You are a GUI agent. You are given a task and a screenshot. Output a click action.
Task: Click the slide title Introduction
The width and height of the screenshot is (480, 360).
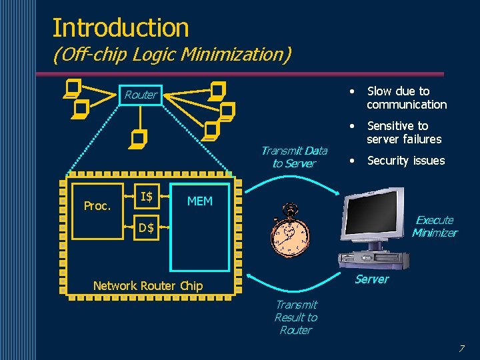121,27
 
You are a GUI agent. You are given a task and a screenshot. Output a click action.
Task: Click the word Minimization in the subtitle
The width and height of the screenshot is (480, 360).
234,55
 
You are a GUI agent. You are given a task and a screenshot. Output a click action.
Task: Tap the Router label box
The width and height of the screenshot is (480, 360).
141,95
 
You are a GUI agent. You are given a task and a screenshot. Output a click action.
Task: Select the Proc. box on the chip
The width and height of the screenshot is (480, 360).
97,206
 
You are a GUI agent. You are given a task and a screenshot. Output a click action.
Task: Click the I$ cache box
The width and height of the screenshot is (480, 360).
146,196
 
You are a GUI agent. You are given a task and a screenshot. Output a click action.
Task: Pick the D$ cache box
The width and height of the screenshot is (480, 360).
146,228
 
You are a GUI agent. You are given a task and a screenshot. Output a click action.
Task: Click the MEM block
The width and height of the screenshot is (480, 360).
200,227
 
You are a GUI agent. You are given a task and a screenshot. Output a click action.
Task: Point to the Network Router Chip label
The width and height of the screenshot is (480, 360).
148,285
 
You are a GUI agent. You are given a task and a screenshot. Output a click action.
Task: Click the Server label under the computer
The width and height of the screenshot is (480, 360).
371,279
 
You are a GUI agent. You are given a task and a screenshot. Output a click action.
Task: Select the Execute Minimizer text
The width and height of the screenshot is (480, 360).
434,226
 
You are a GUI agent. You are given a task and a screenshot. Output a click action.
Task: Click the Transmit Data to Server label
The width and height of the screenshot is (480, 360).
294,157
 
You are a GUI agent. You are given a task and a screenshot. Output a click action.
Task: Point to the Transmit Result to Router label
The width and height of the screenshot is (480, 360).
296,317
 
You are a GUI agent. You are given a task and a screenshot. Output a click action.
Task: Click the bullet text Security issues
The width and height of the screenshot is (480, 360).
405,161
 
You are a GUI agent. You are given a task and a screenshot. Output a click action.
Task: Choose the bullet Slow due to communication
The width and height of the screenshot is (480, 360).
407,98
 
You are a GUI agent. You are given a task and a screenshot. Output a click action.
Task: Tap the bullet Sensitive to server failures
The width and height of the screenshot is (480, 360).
404,133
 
